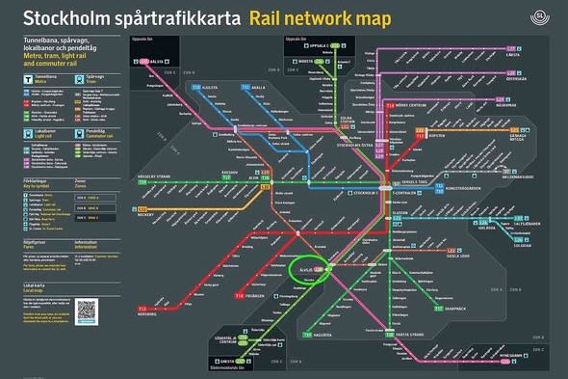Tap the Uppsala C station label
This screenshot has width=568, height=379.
pyautogui.click(x=323, y=44)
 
